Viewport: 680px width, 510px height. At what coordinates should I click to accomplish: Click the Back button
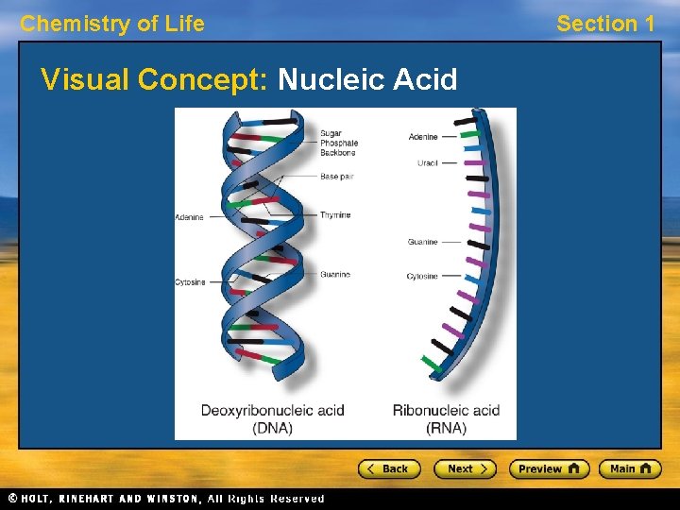pyautogui.click(x=388, y=468)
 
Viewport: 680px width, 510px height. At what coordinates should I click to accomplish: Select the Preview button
pyautogui.click(x=549, y=468)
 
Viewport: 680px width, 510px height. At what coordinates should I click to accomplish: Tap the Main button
pyautogui.click(x=630, y=468)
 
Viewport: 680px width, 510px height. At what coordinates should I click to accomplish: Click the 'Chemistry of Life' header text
pyautogui.click(x=112, y=25)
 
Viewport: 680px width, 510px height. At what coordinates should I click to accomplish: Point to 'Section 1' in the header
pyautogui.click(x=605, y=25)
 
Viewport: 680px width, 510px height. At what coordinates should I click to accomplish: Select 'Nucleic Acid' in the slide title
pyautogui.click(x=367, y=79)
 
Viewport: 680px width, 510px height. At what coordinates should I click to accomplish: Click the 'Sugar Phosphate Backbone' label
pyautogui.click(x=339, y=143)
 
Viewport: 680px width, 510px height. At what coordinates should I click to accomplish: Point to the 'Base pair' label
pyautogui.click(x=336, y=177)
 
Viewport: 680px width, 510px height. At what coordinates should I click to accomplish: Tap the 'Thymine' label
pyautogui.click(x=335, y=215)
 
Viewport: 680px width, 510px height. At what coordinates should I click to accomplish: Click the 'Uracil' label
pyautogui.click(x=427, y=163)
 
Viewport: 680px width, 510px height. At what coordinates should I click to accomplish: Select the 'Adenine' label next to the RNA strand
pyautogui.click(x=423, y=137)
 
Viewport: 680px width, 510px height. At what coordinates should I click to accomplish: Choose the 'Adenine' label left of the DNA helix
pyautogui.click(x=189, y=217)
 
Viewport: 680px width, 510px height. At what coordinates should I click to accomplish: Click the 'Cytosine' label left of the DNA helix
pyautogui.click(x=190, y=282)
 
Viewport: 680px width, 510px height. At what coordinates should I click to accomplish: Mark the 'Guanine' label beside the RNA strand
pyautogui.click(x=422, y=242)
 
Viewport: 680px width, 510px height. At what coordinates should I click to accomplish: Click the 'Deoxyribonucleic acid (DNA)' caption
pyautogui.click(x=272, y=418)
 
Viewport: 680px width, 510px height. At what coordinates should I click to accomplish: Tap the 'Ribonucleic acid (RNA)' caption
pyautogui.click(x=446, y=418)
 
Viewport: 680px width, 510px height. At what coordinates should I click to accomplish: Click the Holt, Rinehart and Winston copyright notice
pyautogui.click(x=166, y=499)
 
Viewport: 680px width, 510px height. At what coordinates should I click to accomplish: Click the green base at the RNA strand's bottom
pyautogui.click(x=431, y=362)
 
